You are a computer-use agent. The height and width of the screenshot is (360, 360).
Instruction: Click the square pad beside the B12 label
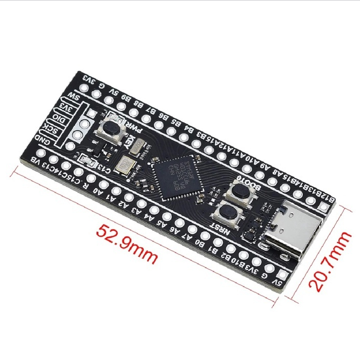[x=323, y=207]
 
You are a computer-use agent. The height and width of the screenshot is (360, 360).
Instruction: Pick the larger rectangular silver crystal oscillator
[x=124, y=165]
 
